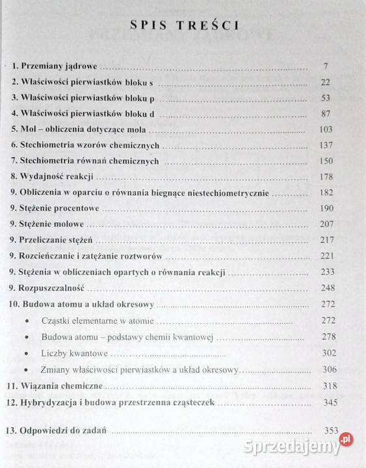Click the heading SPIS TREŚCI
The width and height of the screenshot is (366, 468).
click(x=184, y=26)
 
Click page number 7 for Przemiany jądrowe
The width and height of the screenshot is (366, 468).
click(x=326, y=67)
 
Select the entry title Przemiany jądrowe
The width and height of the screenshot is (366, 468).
click(x=59, y=66)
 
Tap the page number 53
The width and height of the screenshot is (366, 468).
click(x=326, y=98)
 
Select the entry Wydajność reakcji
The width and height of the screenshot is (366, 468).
click(x=57, y=177)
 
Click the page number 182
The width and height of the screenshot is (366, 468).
click(x=326, y=192)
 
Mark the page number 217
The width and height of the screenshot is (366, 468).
click(x=326, y=240)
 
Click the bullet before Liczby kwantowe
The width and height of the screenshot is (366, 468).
click(x=26, y=355)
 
